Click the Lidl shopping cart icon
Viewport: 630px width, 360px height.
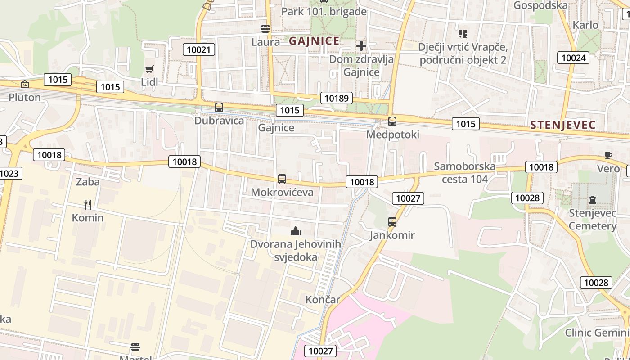coord(149,69)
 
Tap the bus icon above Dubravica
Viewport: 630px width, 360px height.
coord(219,108)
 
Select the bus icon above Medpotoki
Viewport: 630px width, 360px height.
coord(392,121)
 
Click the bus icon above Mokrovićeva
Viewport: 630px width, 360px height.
coord(282,179)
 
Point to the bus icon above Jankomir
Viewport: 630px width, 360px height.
coord(392,222)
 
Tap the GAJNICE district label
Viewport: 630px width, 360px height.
coord(314,41)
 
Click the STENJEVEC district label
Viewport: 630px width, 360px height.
coord(562,126)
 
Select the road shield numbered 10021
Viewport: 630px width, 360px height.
coord(198,49)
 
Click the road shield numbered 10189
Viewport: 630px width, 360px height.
coord(337,98)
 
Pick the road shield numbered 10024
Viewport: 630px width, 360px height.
coord(574,58)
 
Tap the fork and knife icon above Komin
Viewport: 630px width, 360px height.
coord(88,205)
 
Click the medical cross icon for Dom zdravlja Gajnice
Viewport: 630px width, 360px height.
coord(361,46)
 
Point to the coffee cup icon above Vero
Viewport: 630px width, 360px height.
coord(608,156)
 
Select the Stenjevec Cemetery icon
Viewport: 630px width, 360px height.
coord(593,200)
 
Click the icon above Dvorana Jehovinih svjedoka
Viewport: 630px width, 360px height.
coord(296,231)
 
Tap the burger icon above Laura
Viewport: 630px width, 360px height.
coord(265,29)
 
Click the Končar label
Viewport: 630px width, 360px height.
coord(323,300)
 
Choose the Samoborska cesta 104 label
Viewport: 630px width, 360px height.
coord(464,173)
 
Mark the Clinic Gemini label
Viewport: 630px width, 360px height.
coord(597,333)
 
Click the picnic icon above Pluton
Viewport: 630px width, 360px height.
coord(25,84)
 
